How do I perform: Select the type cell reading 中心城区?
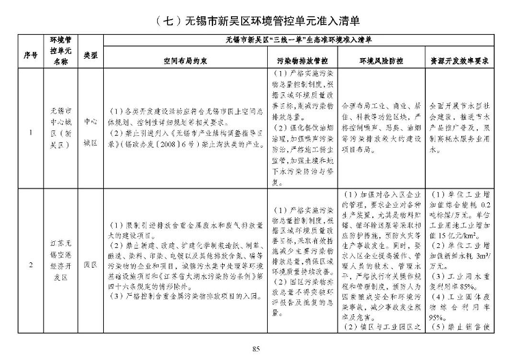coord(90,126)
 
